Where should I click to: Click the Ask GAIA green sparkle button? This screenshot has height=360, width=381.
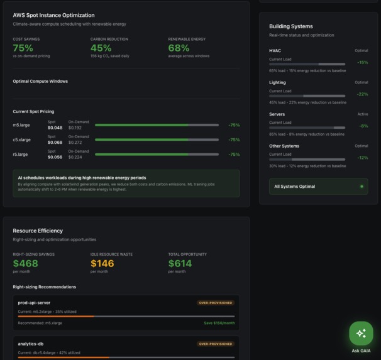[x=361, y=334]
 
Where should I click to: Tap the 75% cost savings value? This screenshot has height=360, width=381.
[x=23, y=48]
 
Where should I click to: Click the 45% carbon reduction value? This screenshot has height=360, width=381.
[x=101, y=48]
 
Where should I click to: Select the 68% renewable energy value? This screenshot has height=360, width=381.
[x=179, y=48]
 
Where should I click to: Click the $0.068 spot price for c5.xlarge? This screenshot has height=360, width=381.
[x=55, y=143]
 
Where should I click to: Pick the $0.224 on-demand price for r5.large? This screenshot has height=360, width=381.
[x=75, y=157]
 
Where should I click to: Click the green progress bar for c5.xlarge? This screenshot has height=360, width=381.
[x=157, y=139]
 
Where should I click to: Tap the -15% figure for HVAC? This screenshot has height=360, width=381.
[x=362, y=63]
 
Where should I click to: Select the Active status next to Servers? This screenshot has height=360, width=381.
[x=363, y=114]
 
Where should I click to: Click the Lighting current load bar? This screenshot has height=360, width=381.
[x=307, y=95]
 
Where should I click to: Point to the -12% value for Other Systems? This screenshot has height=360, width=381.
[x=362, y=158]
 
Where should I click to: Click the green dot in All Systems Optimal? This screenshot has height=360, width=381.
[x=362, y=187]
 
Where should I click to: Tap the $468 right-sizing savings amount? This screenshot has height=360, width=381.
[x=25, y=263]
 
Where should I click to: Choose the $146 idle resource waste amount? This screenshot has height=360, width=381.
[x=102, y=263]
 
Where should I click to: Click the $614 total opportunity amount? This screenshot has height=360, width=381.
[x=180, y=263]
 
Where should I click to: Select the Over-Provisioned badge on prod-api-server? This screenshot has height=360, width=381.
[x=216, y=303]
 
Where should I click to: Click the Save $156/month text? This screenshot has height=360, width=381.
[x=219, y=323]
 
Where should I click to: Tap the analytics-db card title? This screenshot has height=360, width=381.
[x=31, y=344]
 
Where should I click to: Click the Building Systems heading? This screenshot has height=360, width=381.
[x=290, y=26]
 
